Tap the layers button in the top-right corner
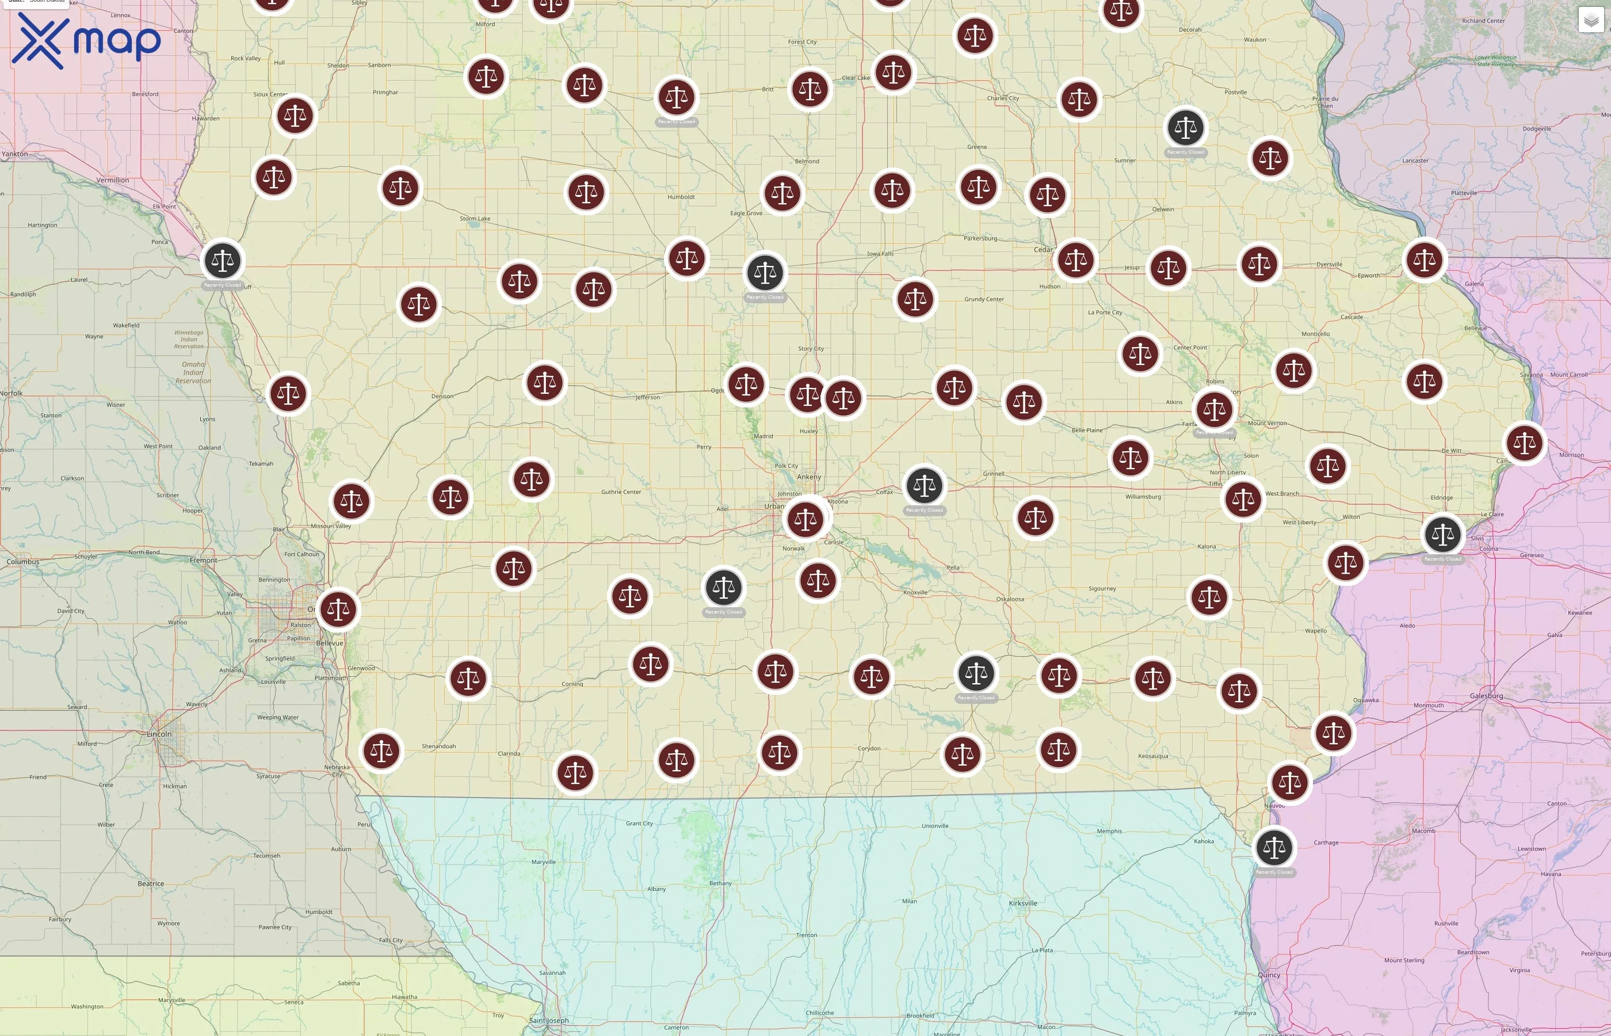coord(1591,20)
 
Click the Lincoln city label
coord(159,734)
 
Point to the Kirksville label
coord(1022,904)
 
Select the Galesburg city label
coord(1486,696)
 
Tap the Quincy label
coord(1269,975)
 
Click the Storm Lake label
coord(475,219)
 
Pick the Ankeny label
coord(809,477)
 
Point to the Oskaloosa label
coord(1010,599)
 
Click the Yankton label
coord(15,154)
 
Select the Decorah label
coord(1189,29)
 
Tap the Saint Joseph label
coord(549,1020)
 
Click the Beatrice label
coord(151,884)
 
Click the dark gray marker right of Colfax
coord(924,486)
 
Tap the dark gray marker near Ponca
coord(223,260)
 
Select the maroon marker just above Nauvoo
coord(1289,782)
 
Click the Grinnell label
coord(993,474)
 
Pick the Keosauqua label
coord(1152,756)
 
